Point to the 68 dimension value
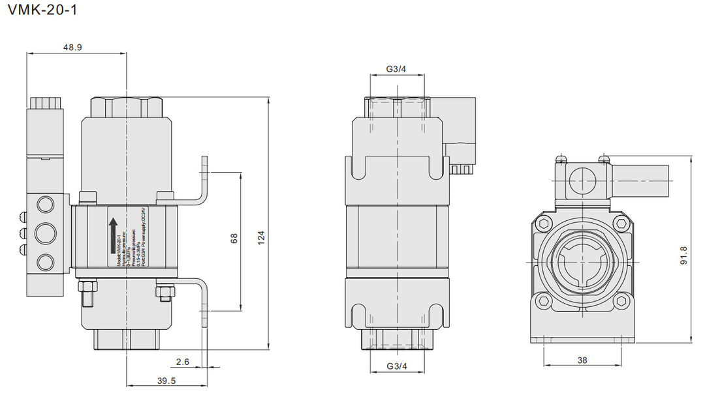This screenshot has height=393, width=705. pyautogui.click(x=234, y=239)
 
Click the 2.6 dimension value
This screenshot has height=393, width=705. pyautogui.click(x=183, y=361)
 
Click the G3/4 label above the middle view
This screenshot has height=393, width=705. pyautogui.click(x=396, y=69)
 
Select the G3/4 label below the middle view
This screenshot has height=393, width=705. pyautogui.click(x=396, y=367)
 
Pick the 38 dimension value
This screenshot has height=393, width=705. pyautogui.click(x=581, y=359)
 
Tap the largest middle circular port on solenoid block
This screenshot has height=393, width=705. pyautogui.click(x=44, y=233)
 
